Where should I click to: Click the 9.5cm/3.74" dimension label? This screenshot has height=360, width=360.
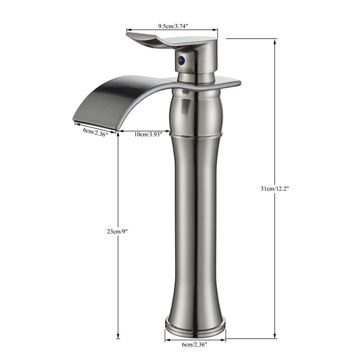pos(173,26)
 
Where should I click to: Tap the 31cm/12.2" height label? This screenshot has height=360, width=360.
pos(274,189)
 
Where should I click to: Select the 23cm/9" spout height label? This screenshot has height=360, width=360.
pos(117,231)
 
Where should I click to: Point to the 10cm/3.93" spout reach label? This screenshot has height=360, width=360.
pos(148,134)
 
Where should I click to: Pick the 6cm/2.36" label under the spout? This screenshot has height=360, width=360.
pos(95,132)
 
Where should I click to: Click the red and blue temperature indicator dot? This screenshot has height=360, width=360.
pos(182,60)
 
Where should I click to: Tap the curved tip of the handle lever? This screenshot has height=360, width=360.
pos(129,35)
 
